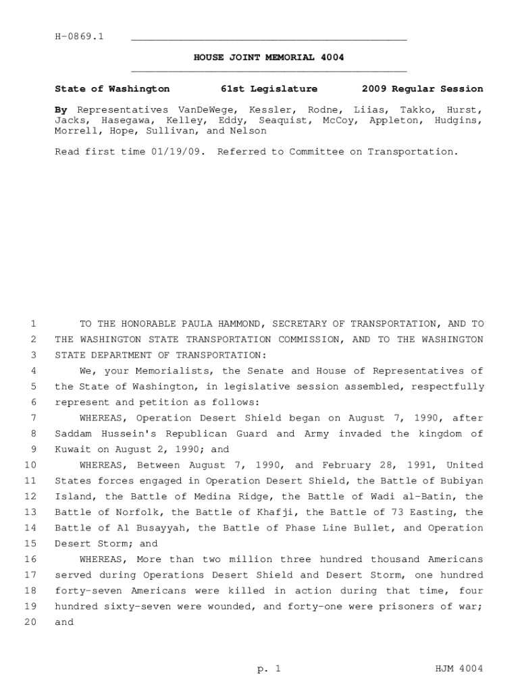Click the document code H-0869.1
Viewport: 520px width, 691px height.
click(x=79, y=36)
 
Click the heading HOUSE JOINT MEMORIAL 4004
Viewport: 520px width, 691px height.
click(x=269, y=57)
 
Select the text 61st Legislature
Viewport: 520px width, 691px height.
click(x=269, y=89)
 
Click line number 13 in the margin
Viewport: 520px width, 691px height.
click(x=30, y=513)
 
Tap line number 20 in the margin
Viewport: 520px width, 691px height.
click(x=30, y=623)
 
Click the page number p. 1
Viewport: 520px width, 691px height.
click(x=268, y=669)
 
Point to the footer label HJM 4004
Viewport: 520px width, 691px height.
click(x=461, y=669)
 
